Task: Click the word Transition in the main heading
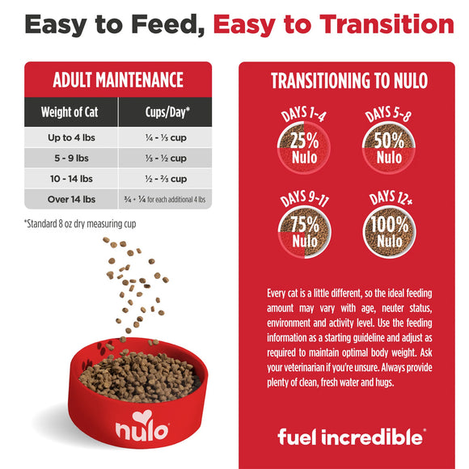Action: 382,24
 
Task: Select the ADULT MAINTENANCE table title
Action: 118,80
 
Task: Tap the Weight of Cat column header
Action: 72,112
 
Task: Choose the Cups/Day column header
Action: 165,112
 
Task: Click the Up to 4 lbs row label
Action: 72,138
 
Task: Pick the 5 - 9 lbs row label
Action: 72,158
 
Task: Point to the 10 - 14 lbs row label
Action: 72,179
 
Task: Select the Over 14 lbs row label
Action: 72,199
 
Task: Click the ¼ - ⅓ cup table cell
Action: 165,138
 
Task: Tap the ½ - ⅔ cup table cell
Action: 165,179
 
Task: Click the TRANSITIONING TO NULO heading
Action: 349,81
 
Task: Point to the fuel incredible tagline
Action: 349,437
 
